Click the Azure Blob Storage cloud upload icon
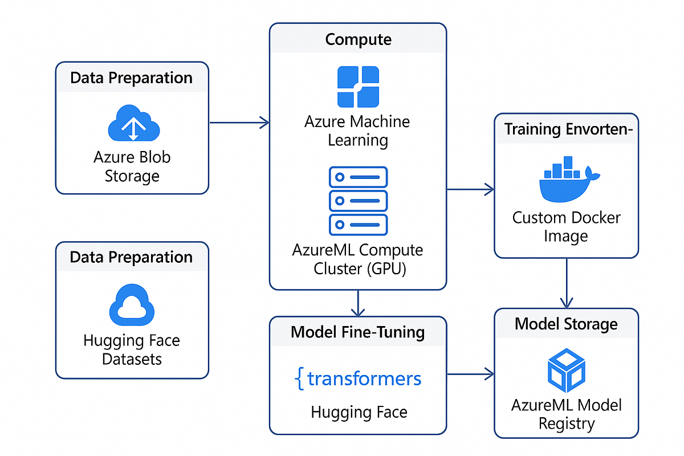coord(132,124)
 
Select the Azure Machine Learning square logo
coord(358,87)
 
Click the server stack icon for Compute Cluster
coord(358,201)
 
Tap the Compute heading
coord(358,39)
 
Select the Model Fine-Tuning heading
coord(358,332)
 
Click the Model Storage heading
coord(566,324)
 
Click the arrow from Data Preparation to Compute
coord(239,122)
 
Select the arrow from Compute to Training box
coord(470,189)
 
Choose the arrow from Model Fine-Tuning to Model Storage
coord(470,374)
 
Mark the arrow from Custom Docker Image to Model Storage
coord(566,283)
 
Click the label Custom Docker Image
coord(566,226)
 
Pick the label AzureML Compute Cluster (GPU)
coord(358,259)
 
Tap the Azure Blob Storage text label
coord(132,166)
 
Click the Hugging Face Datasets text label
coord(132,349)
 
